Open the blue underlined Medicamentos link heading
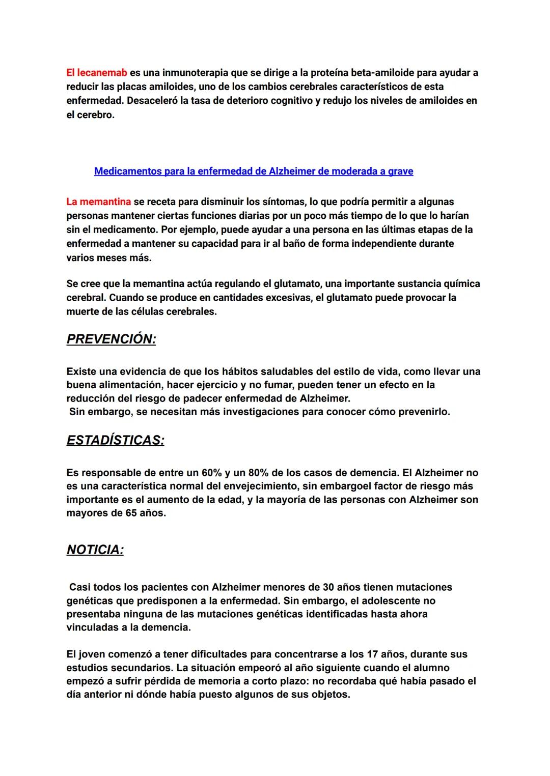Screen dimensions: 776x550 254,171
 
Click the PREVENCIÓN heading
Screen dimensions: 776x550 111,339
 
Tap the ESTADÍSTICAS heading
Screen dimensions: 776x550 115,440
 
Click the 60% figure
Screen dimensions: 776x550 212,473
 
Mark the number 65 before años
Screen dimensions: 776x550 131,513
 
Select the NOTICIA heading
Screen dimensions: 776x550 95,550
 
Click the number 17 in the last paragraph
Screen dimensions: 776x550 373,654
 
